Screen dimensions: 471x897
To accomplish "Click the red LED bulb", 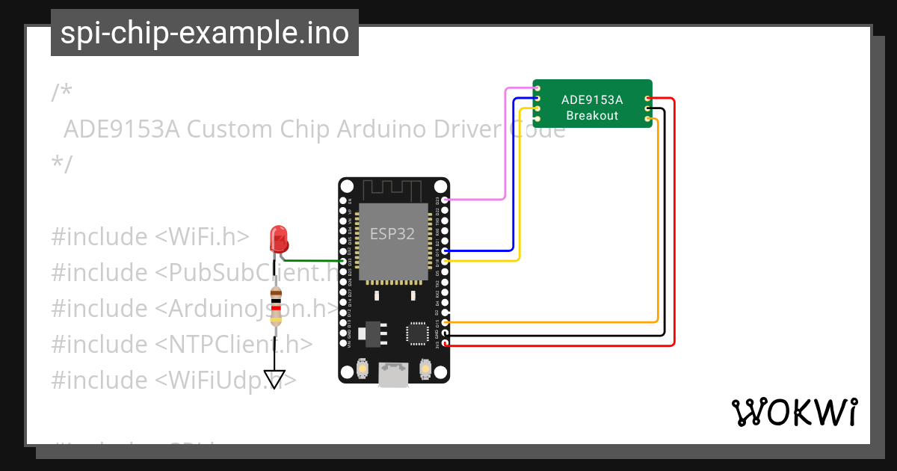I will (x=279, y=238).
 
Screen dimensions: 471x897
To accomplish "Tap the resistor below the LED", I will (x=276, y=307).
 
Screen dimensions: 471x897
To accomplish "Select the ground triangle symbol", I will (x=275, y=379).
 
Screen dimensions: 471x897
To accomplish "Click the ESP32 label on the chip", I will (x=392, y=233).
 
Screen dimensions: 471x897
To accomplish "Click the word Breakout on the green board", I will (x=592, y=115).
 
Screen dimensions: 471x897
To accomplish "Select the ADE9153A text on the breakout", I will (x=592, y=99).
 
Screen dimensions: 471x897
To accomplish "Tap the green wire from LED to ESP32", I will (x=314, y=261).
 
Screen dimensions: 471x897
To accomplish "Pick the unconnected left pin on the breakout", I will (x=537, y=120).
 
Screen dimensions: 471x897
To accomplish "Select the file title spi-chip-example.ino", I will (x=205, y=34).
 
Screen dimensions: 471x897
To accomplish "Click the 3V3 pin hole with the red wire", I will (x=446, y=344).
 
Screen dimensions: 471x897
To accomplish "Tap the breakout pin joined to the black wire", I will (x=647, y=109).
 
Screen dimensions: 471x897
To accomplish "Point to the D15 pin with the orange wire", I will (x=446, y=322).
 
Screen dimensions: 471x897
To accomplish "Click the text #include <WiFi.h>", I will (x=149, y=236).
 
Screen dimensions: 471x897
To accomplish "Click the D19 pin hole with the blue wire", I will (x=446, y=250).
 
